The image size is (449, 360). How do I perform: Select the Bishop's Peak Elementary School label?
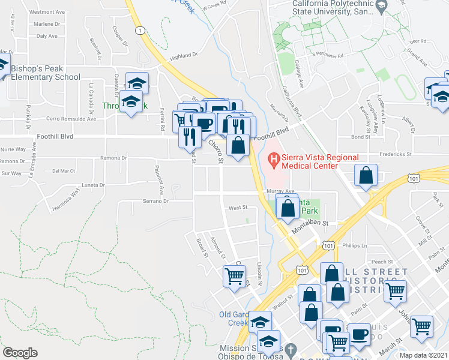(45, 73)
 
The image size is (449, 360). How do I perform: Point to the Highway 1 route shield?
(139, 30)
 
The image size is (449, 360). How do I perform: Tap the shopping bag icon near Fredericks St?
(365, 175)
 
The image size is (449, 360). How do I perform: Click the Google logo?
(20, 353)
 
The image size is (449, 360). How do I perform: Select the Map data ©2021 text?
(423, 355)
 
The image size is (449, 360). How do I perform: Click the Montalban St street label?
(310, 223)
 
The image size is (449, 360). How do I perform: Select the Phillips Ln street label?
(355, 246)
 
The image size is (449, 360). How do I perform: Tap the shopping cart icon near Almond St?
(234, 276)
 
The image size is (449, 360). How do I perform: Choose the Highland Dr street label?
(184, 55)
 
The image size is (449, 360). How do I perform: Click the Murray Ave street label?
(280, 191)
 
